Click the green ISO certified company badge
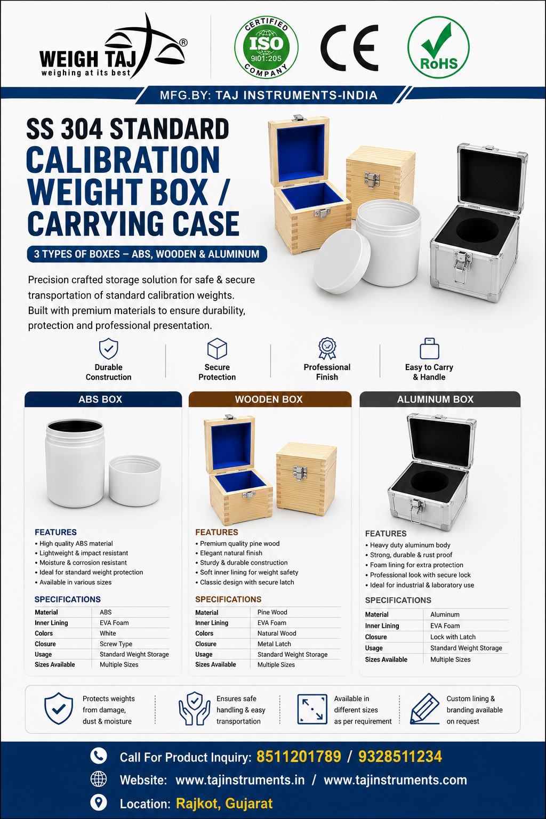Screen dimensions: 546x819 [x=266, y=47]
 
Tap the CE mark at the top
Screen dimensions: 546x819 [x=349, y=47]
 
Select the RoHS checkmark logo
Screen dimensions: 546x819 [x=438, y=47]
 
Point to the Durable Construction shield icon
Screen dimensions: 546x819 [x=109, y=349]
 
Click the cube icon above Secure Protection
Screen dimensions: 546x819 [x=217, y=349]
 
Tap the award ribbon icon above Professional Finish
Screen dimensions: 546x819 [x=327, y=348]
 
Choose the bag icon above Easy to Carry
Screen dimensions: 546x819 [x=429, y=348]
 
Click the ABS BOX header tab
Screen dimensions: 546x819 [x=103, y=399]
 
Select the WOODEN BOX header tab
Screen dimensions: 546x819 [x=270, y=399]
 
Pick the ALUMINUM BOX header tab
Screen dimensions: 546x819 [x=440, y=399]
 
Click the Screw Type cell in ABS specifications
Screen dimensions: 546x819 [x=116, y=644]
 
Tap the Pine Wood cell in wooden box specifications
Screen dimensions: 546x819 [x=272, y=612]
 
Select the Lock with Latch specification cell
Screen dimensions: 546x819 [x=453, y=637]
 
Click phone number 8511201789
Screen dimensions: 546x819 [x=299, y=757]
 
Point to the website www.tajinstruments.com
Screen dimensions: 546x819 [x=395, y=780]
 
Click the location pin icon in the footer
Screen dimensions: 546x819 [x=98, y=803]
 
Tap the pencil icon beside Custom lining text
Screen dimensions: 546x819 [x=424, y=709]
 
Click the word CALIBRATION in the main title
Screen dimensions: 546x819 [x=123, y=160]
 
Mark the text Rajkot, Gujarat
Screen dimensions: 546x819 [x=224, y=804]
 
